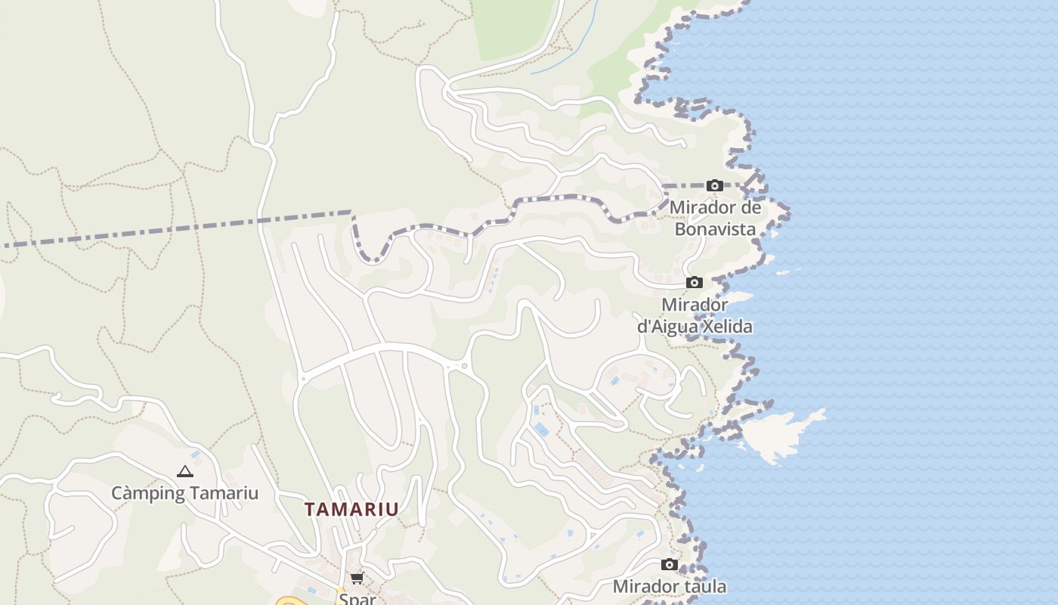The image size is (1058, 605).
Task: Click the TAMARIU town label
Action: [x=351, y=509]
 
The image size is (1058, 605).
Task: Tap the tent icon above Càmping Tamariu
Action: [x=185, y=471]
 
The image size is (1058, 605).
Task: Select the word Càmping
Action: [x=148, y=494]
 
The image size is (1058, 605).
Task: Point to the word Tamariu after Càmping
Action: [x=223, y=494]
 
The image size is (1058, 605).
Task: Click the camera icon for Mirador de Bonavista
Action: [x=714, y=185]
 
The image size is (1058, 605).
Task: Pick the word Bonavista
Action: [x=715, y=228]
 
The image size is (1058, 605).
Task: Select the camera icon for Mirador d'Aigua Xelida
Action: [x=694, y=283]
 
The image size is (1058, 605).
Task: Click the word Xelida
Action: [x=727, y=327]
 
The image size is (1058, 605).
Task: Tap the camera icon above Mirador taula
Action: [x=669, y=564]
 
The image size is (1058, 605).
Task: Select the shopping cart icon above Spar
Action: [x=357, y=579]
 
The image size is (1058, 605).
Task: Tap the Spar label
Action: [x=357, y=598]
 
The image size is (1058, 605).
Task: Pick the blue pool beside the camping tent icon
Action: [x=196, y=455]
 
